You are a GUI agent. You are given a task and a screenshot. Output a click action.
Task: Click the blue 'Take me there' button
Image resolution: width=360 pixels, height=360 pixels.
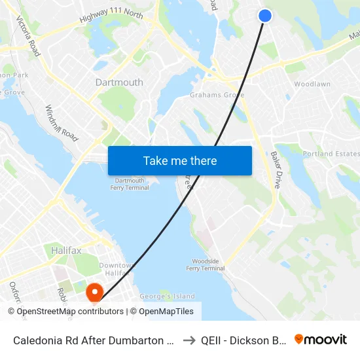click(180, 160)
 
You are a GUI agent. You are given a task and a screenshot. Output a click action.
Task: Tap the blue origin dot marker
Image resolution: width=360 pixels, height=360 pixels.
click(265, 16)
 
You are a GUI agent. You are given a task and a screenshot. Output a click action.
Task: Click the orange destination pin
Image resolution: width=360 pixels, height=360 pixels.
click(94, 291)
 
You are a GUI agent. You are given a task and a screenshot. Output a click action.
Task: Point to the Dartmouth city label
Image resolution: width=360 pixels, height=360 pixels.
click(119, 82)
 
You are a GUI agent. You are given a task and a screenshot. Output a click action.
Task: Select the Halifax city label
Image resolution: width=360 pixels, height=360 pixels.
click(66, 251)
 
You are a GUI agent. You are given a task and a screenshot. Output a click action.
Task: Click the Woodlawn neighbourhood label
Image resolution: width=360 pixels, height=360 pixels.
click(312, 84)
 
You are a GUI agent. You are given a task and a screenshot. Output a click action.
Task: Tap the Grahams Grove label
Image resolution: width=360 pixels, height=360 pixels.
click(217, 95)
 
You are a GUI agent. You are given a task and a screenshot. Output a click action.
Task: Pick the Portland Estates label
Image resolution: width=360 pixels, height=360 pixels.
click(331, 154)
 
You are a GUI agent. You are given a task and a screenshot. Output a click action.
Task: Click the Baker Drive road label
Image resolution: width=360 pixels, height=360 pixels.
click(276, 170)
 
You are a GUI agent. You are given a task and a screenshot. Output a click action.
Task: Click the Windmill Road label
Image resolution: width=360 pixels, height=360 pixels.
click(62, 123)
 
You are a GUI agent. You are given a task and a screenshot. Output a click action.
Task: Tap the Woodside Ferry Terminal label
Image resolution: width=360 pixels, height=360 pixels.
click(205, 264)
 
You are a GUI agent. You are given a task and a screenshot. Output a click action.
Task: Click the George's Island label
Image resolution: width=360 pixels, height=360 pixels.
click(168, 297)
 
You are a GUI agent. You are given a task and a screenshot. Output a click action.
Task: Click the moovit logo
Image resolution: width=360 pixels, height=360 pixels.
click(320, 340)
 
